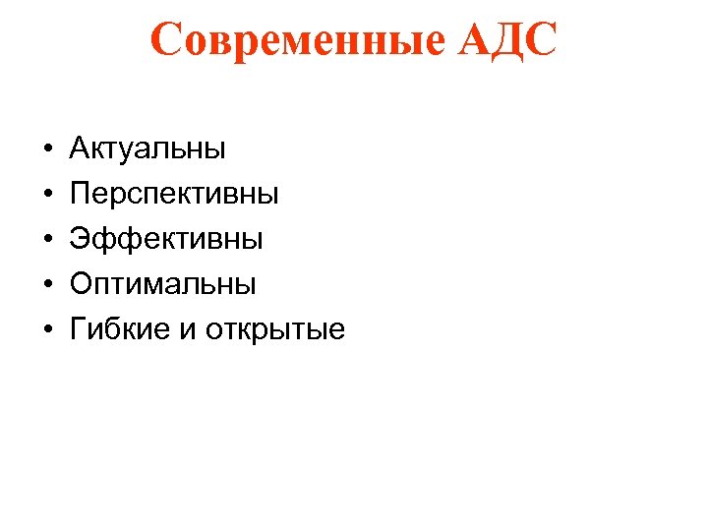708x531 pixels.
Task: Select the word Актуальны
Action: coord(147,149)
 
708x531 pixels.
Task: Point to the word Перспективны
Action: coord(174,195)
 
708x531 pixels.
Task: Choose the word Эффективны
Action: coord(166,240)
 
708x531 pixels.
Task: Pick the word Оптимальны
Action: coord(163,285)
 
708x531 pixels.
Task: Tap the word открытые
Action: coord(275,330)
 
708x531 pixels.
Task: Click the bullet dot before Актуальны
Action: coord(46,150)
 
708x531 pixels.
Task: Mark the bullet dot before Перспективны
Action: coord(46,196)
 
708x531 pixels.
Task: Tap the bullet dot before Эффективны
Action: coord(46,241)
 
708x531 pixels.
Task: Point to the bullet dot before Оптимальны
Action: coord(46,286)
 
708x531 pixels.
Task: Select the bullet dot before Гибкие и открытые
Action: coord(46,331)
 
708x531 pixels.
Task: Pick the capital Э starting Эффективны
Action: coord(81,240)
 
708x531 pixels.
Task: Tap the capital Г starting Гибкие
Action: coord(79,330)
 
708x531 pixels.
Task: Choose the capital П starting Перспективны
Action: coord(81,195)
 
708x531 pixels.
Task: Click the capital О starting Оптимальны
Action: coord(82,285)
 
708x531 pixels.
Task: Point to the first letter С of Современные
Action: coord(166,40)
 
